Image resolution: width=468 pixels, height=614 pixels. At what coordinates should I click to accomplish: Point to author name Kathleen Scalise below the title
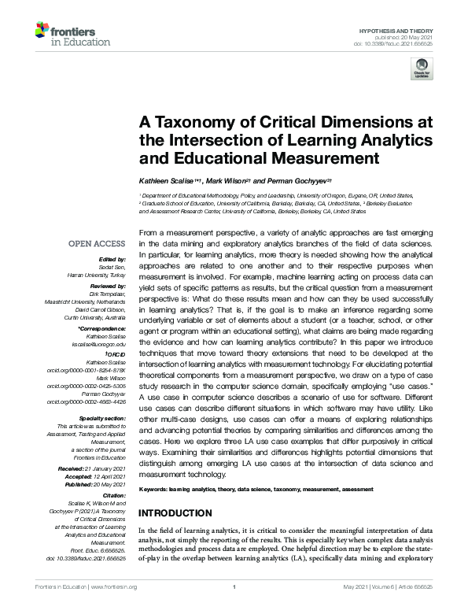171,182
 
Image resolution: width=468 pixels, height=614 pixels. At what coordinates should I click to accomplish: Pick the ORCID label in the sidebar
120,355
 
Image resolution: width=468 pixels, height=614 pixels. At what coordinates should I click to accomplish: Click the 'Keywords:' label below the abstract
154,490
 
